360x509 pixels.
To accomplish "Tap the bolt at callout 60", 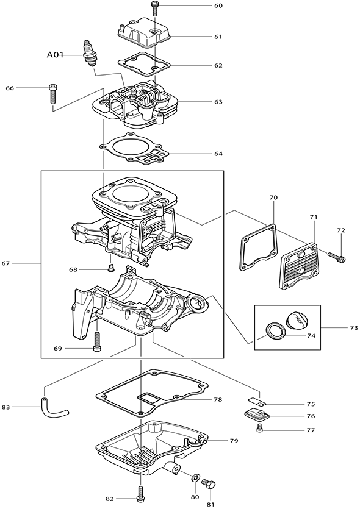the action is [x=154, y=8].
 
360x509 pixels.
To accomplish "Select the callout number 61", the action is [x=218, y=37].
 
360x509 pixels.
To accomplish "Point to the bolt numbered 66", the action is [x=52, y=93].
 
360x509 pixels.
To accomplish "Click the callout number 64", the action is [x=218, y=154].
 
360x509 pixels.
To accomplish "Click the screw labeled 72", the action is [x=336, y=257].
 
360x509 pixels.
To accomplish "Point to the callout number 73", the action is [x=354, y=328].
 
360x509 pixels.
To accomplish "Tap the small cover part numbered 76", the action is [x=256, y=415].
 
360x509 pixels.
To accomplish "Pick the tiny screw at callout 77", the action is [x=259, y=428].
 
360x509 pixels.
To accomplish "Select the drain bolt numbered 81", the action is [x=209, y=484].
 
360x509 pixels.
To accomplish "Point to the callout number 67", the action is [x=6, y=263].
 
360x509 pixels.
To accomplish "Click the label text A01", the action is [x=55, y=55].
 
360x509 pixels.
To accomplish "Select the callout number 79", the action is [x=234, y=441].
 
